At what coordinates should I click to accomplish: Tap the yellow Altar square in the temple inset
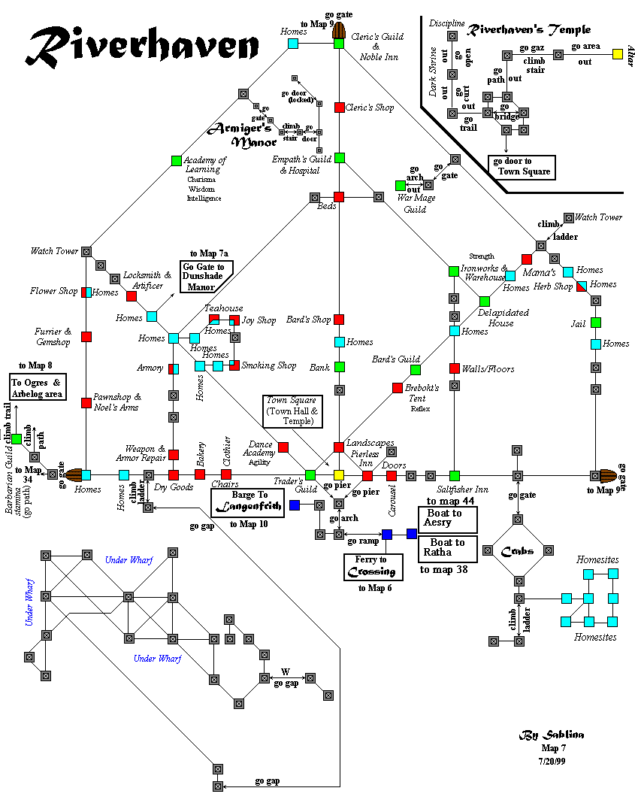point(617,54)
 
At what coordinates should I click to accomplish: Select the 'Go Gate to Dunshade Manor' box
point(207,276)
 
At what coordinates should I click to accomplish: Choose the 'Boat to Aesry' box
point(448,518)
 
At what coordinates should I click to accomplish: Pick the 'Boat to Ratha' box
point(448,547)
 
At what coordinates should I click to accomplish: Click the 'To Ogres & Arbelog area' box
point(38,387)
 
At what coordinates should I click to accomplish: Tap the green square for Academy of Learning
point(177,160)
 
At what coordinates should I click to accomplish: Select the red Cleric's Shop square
point(339,108)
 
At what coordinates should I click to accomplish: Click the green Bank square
point(339,367)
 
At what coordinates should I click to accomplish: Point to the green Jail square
point(596,323)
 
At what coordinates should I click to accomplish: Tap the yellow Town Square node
point(339,475)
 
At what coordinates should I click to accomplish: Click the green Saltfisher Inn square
point(455,475)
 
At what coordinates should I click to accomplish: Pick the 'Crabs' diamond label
point(518,550)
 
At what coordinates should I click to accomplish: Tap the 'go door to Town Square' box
point(521,166)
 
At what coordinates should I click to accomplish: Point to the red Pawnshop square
point(86,402)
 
